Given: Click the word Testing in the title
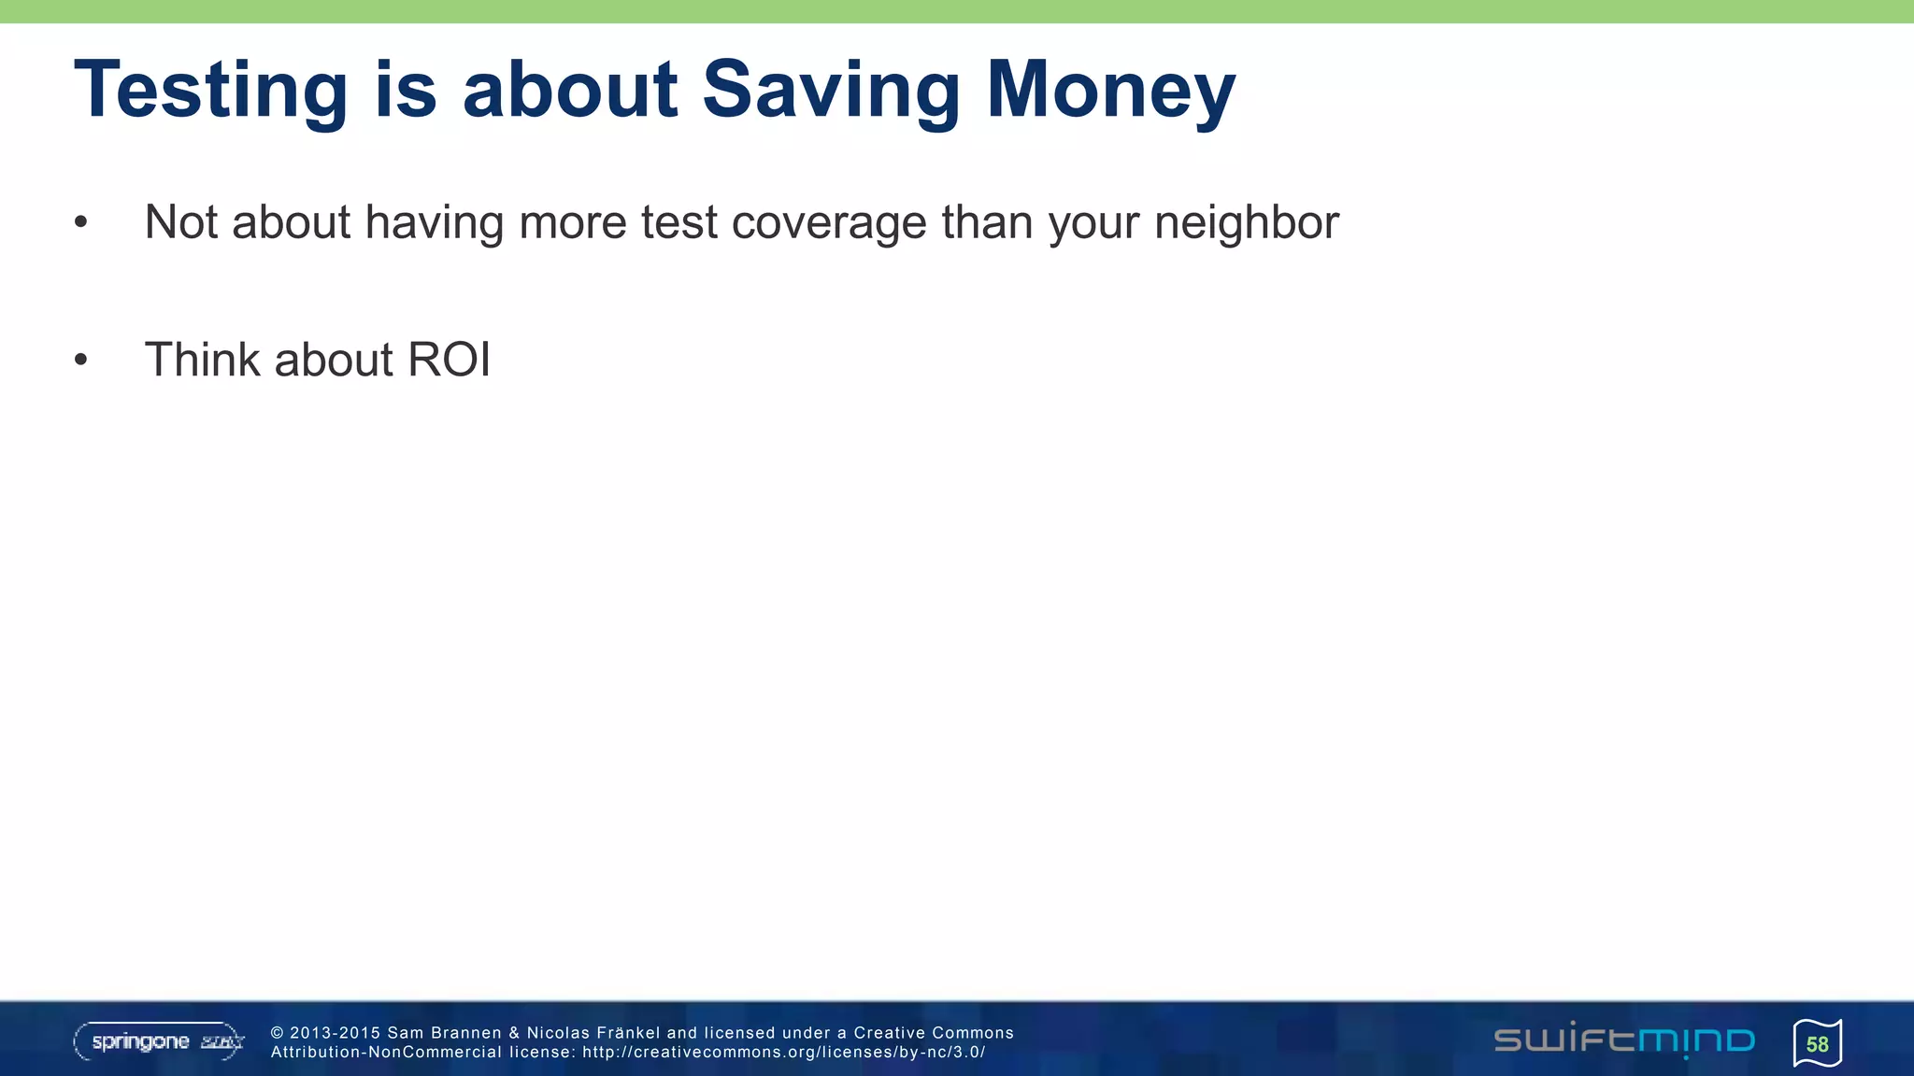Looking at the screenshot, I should point(210,91).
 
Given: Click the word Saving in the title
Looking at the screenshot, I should point(830,91).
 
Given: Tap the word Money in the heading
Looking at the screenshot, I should point(1110,91).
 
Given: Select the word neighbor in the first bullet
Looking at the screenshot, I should point(1246,223).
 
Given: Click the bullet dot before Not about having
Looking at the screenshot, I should point(81,223).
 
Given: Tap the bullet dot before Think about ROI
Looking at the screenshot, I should point(81,361).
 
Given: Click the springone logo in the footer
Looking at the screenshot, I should point(159,1041).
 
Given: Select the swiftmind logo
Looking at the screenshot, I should point(1623,1041).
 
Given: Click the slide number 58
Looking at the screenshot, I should point(1817,1043).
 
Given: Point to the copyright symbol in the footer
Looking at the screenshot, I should point(277,1033).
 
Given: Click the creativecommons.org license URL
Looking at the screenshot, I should point(783,1053).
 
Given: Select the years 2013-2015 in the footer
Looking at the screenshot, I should point(336,1033).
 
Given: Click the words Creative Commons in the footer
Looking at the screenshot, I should point(933,1033).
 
